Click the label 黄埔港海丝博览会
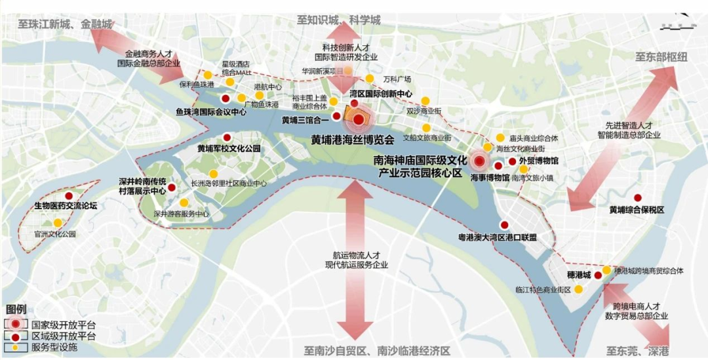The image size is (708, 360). coord(352,140)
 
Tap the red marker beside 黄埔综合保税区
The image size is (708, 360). coord(637,197)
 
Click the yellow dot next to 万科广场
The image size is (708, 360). coord(370,79)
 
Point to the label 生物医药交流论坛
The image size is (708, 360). coord(66,206)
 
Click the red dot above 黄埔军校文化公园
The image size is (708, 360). coord(227,138)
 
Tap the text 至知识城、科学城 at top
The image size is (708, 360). coord(338,20)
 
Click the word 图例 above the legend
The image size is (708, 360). coord(16,309)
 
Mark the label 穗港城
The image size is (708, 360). coord(579,273)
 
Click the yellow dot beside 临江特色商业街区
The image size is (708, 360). coord(579,289)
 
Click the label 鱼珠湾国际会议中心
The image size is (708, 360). coord(211,112)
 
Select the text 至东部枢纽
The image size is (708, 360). coord(661,57)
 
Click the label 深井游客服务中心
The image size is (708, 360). coord(181,214)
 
